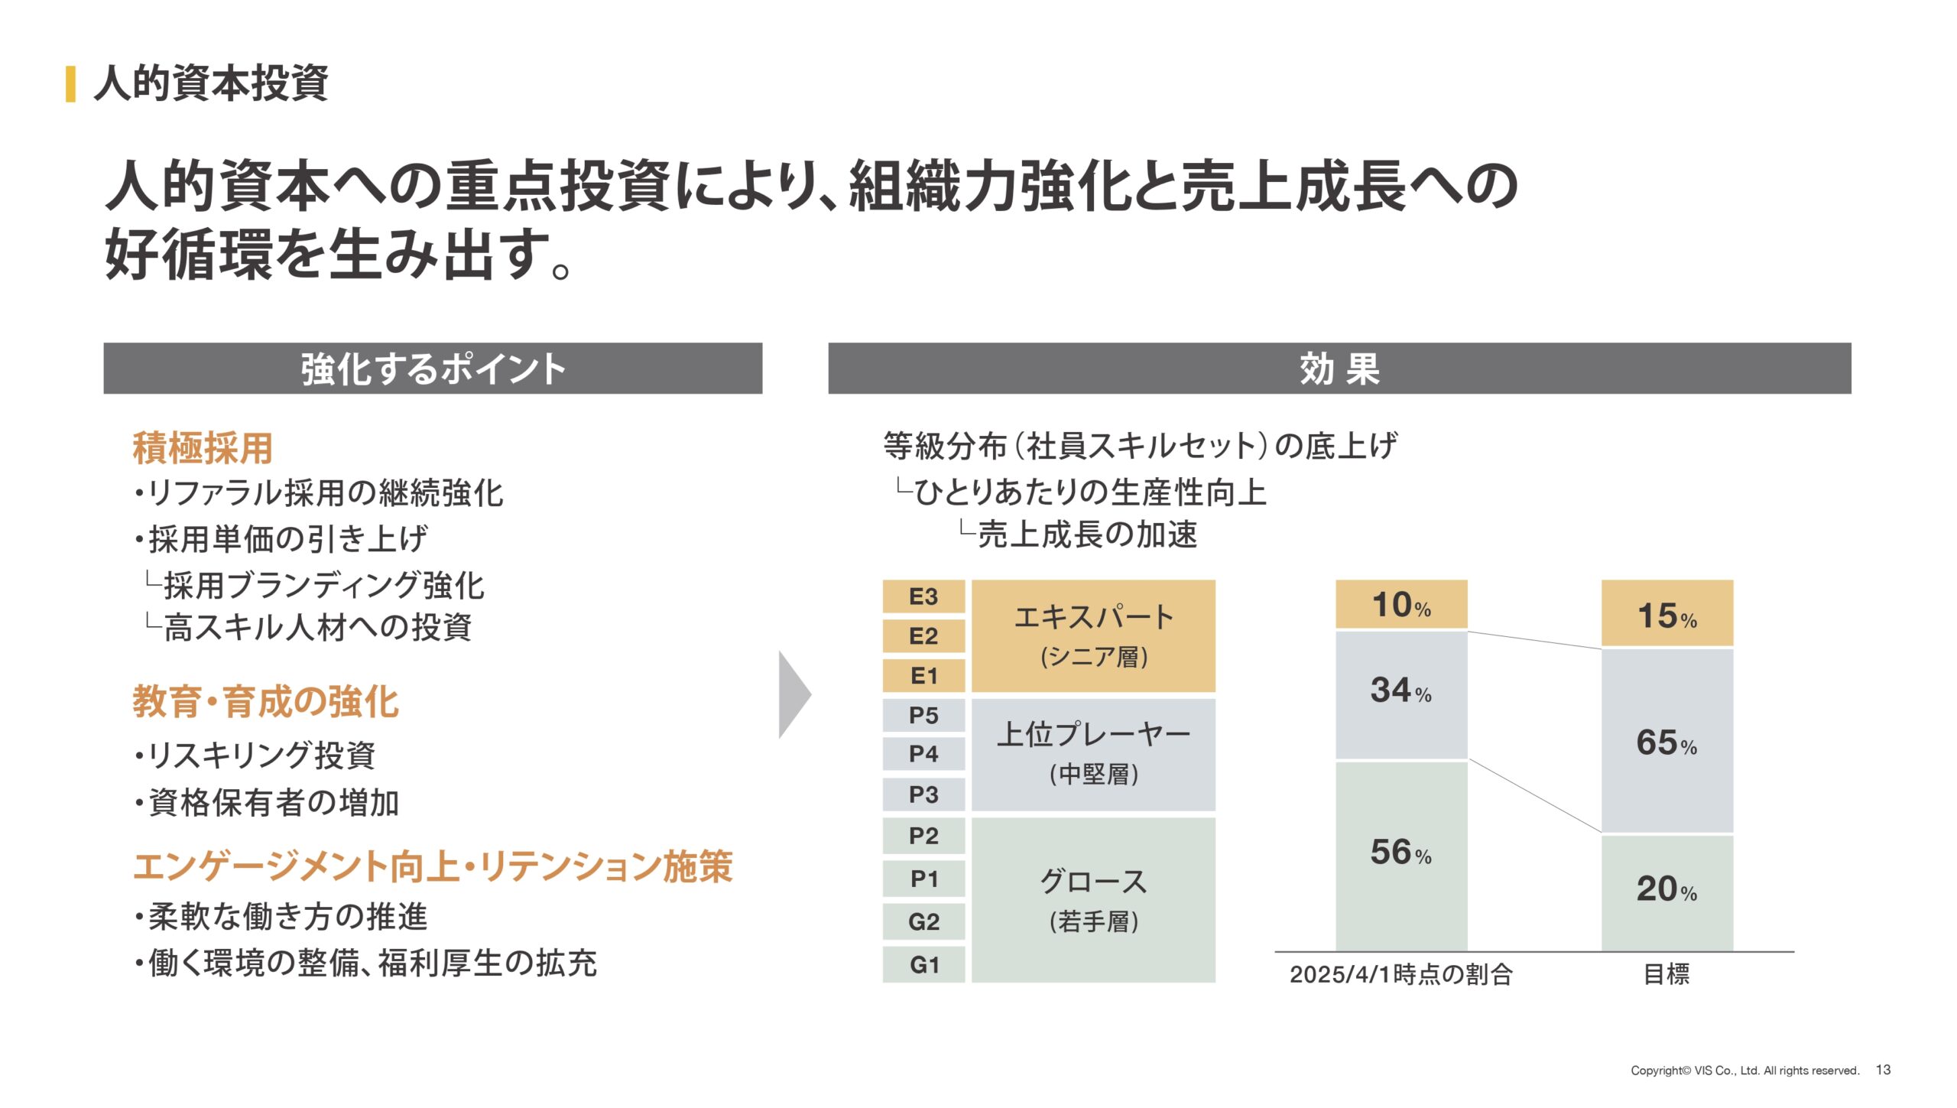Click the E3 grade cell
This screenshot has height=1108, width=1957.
pyautogui.click(x=923, y=596)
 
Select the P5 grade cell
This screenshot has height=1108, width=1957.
pyautogui.click(x=923, y=716)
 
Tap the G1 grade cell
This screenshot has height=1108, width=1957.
pyautogui.click(x=923, y=965)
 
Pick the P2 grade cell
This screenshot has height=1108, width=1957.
pyautogui.click(x=923, y=836)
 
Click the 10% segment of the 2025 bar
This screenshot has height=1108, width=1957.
pyautogui.click(x=1401, y=604)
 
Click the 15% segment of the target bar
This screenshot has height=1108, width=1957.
pyautogui.click(x=1667, y=613)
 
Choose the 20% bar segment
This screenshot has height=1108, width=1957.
pyautogui.click(x=1667, y=892)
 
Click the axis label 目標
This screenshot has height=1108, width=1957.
pyautogui.click(x=1667, y=975)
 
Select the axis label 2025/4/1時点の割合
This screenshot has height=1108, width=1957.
pyautogui.click(x=1400, y=975)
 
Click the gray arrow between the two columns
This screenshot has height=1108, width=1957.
pyautogui.click(x=794, y=694)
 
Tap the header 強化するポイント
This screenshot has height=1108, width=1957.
pyautogui.click(x=433, y=369)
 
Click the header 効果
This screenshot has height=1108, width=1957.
pyautogui.click(x=1339, y=369)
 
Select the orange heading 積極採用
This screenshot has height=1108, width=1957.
pyautogui.click(x=203, y=448)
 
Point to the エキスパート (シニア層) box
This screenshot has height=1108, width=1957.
pyautogui.click(x=1093, y=636)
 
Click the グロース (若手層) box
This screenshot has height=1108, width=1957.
pyautogui.click(x=1093, y=900)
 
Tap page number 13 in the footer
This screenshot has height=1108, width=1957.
pyautogui.click(x=1883, y=1070)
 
